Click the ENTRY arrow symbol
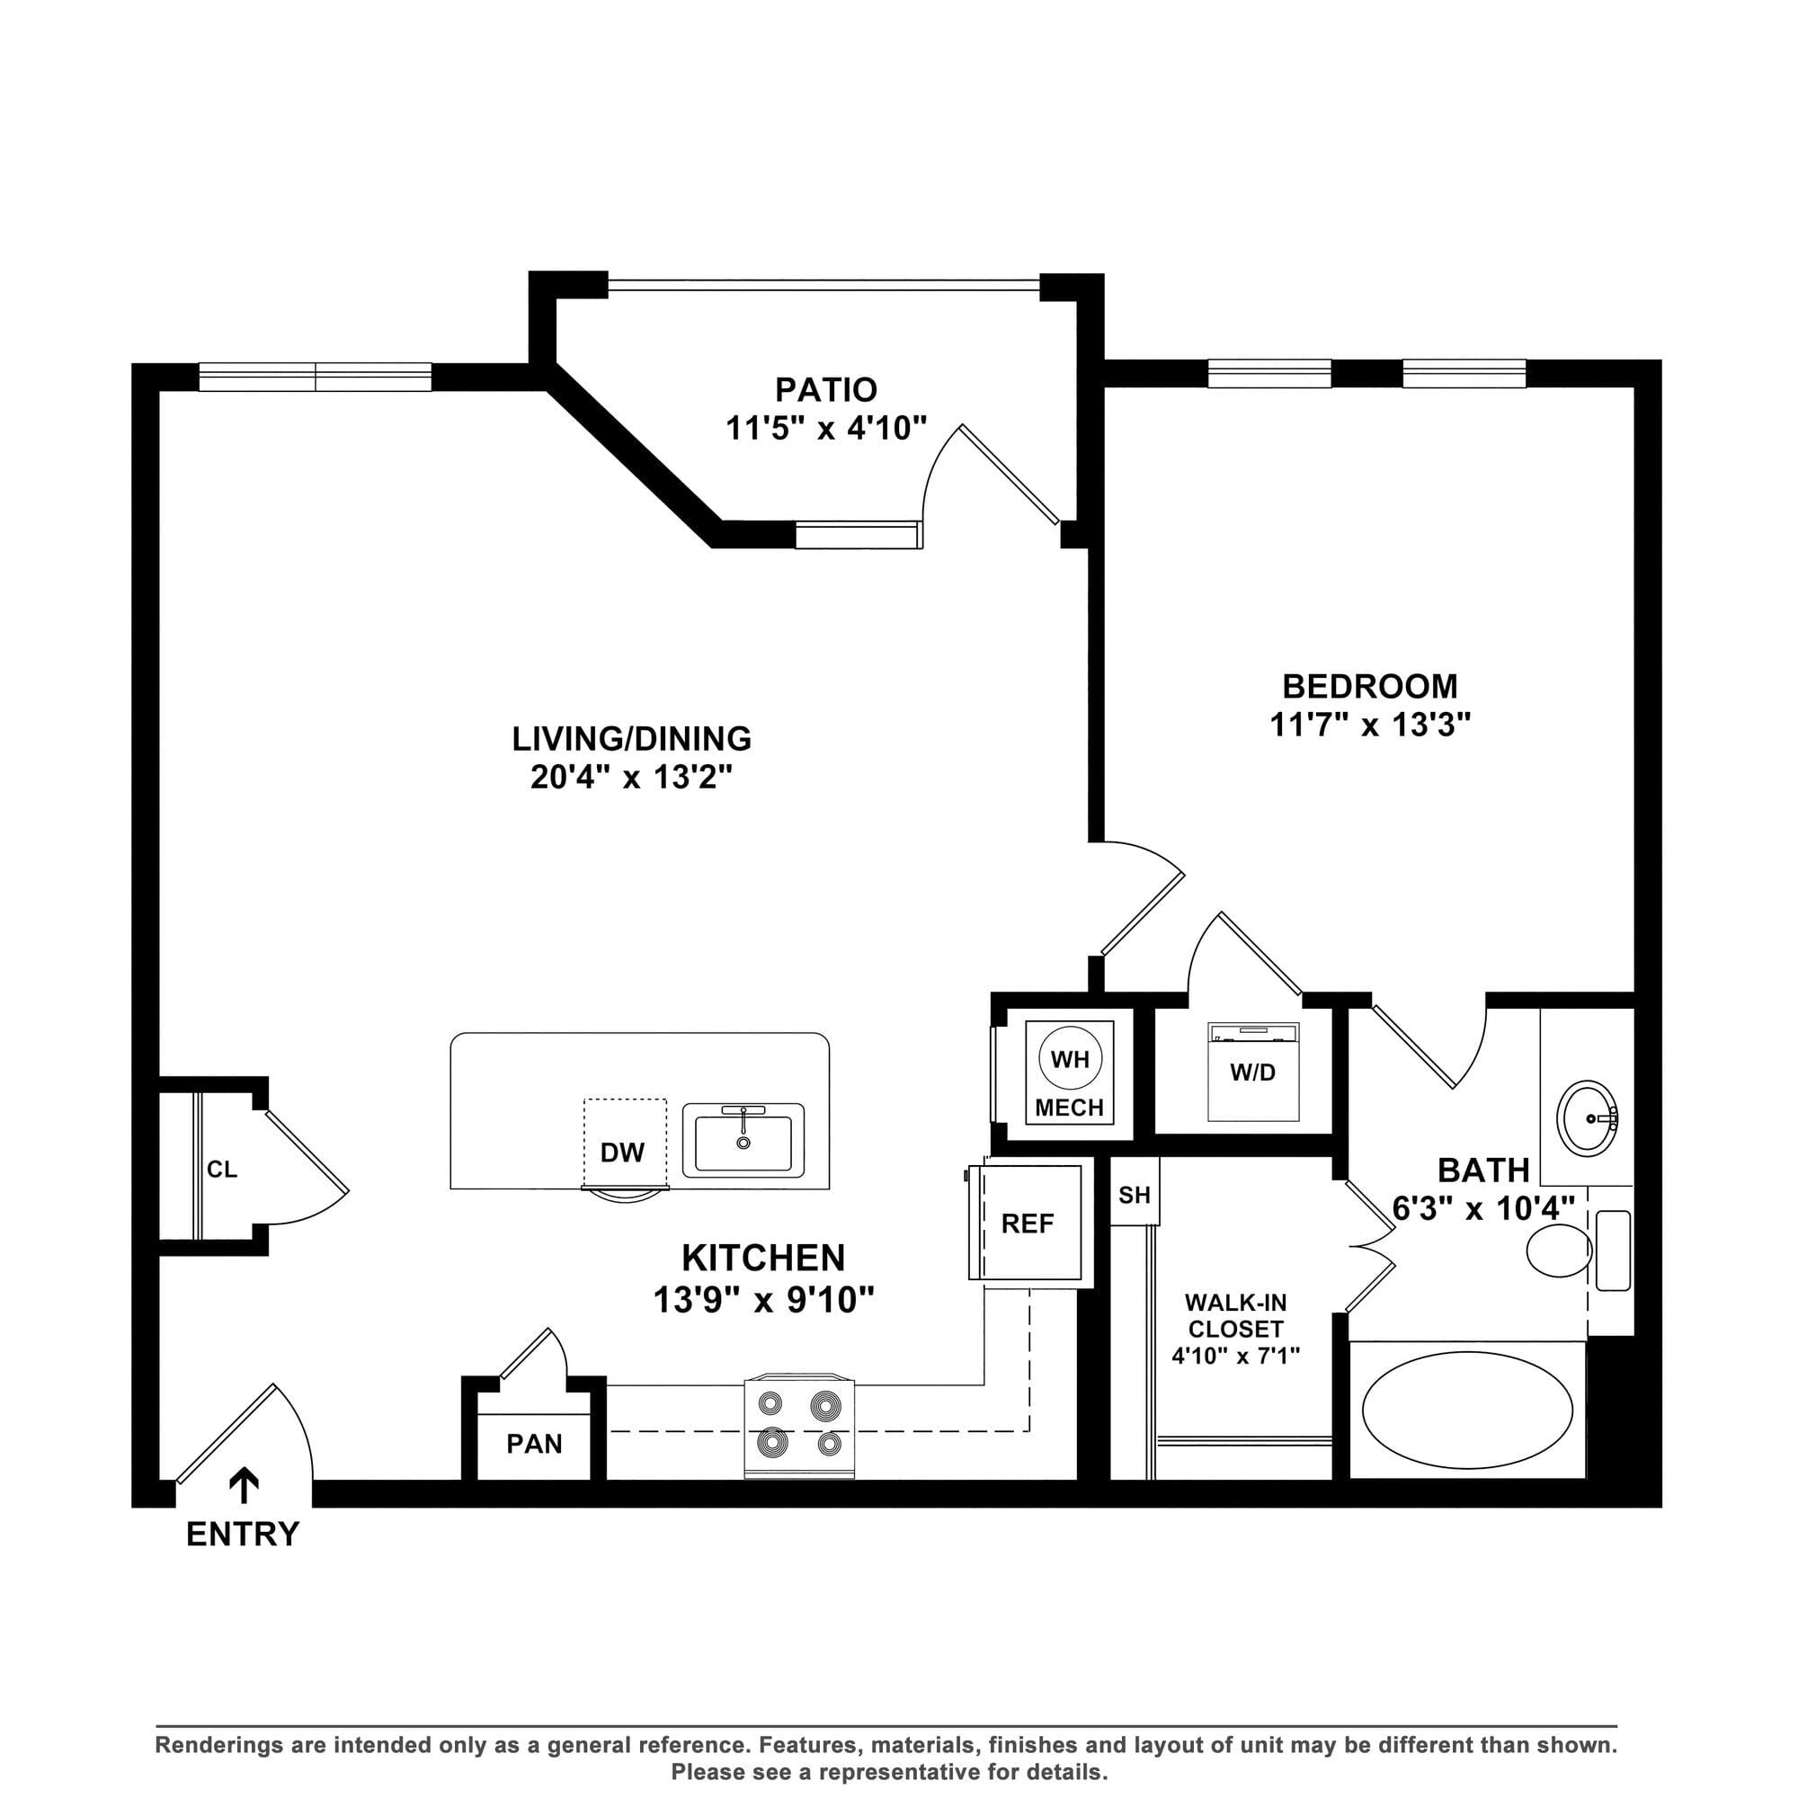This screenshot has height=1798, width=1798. (x=244, y=1485)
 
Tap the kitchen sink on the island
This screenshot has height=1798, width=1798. (x=743, y=1141)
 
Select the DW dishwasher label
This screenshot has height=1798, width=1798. (x=623, y=1153)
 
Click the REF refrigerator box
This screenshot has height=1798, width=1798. (x=1026, y=1223)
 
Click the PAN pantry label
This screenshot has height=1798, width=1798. (x=534, y=1444)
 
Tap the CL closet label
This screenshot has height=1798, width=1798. (x=221, y=1169)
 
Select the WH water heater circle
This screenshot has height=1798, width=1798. (x=1070, y=1059)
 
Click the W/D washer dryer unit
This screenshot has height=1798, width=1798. (x=1252, y=1072)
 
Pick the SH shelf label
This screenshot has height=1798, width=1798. (x=1135, y=1195)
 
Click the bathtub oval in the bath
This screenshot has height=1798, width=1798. (x=1468, y=1411)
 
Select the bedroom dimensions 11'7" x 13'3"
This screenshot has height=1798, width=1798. (x=1370, y=724)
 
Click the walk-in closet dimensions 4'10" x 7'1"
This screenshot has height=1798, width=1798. (x=1236, y=1355)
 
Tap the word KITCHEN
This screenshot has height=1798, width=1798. (x=763, y=1259)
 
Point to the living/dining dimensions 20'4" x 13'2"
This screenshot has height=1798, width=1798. (x=632, y=776)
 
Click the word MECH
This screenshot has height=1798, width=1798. (x=1069, y=1108)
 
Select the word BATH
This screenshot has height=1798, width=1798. (x=1483, y=1170)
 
